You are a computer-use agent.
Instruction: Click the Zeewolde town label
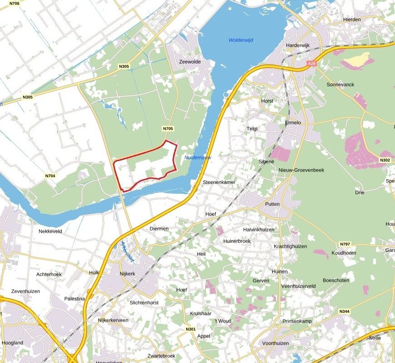pos(189,62)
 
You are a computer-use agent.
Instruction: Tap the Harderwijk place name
pos(297,45)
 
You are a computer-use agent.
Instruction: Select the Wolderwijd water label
pos(241,40)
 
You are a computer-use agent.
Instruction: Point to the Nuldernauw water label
pos(198,157)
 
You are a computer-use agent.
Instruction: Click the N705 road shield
pos(168,129)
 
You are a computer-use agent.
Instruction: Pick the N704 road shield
pos(50,176)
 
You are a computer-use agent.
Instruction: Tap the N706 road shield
pos(14,4)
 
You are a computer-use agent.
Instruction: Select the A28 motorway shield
pos(311,64)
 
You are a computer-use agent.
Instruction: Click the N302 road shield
pos(385,160)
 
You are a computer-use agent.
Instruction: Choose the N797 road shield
pos(345,244)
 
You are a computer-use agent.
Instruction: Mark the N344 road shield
pos(344,311)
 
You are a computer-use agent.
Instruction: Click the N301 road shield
pos(191,329)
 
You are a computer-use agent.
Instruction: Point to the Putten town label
pos(272,204)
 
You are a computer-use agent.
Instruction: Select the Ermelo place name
pos(293,123)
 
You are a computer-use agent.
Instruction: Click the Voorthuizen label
pos(272,343)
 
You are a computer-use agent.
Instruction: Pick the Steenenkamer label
pos(219,182)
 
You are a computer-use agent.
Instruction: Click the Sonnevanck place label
pos(340,85)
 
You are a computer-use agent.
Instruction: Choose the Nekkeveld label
pos(50,231)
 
